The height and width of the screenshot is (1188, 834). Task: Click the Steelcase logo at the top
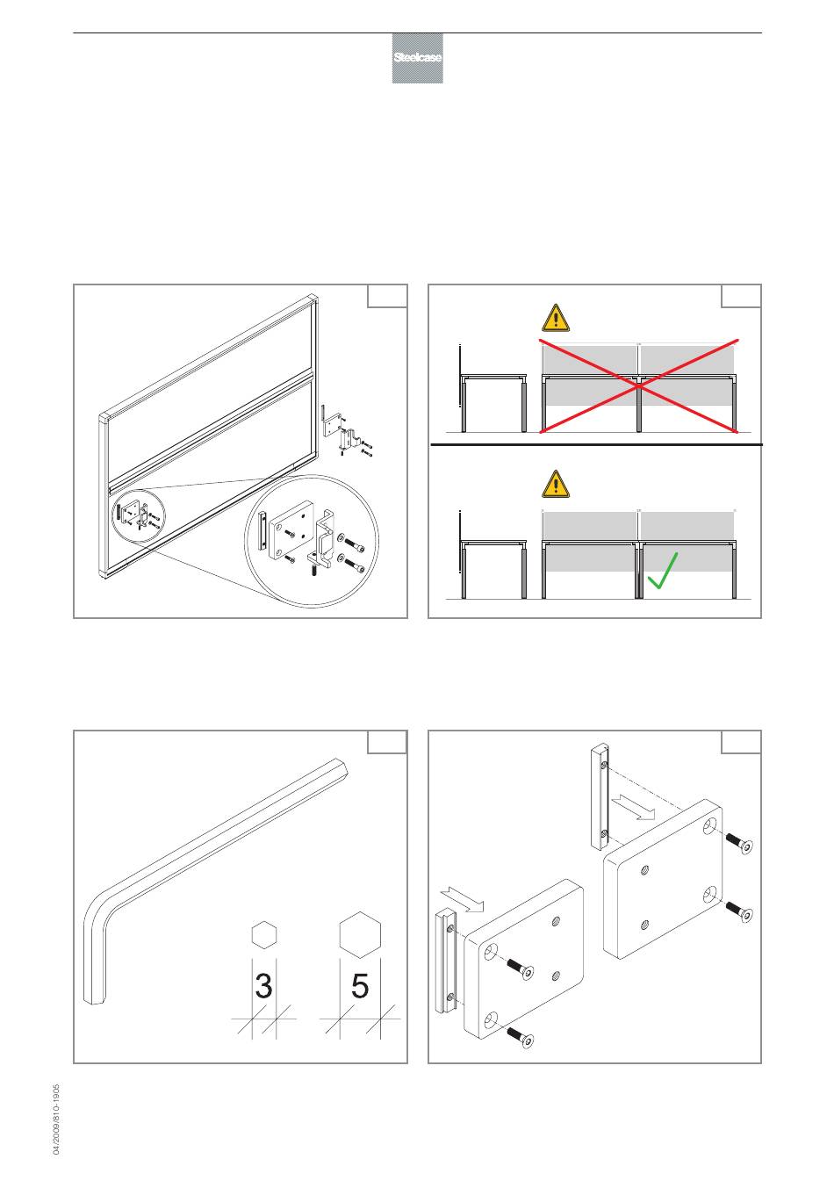click(417, 59)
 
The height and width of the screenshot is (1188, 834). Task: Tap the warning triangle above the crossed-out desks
click(555, 318)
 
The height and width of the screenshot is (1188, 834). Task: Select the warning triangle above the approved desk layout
click(555, 484)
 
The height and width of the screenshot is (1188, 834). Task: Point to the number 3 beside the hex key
click(263, 986)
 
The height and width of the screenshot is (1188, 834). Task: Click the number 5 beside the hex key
click(360, 986)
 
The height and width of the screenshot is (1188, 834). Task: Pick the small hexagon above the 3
click(264, 934)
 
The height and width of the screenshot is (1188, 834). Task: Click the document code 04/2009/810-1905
click(56, 1119)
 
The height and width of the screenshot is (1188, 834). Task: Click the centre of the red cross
click(638, 385)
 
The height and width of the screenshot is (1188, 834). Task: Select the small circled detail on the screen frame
click(137, 516)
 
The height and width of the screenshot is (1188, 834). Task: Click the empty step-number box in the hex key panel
click(387, 741)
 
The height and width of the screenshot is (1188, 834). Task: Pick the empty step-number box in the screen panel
click(387, 296)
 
